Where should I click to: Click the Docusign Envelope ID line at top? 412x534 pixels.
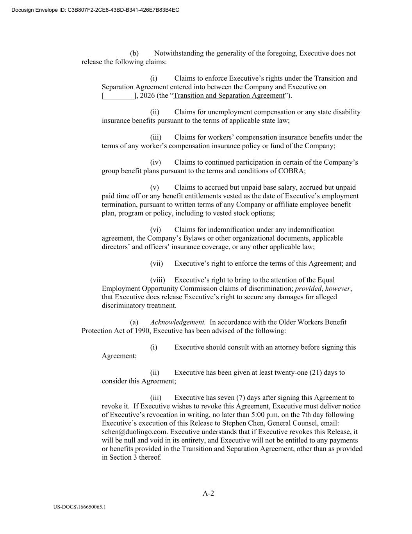[x=95, y=10]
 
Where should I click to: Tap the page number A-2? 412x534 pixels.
[x=208, y=493]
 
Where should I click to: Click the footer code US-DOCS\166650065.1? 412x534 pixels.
[x=80, y=507]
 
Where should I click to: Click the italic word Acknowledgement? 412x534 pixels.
[x=178, y=322]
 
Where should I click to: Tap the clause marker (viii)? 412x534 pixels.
[x=157, y=280]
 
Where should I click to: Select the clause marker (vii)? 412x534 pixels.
[x=156, y=264]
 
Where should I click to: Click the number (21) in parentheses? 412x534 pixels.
[x=316, y=373]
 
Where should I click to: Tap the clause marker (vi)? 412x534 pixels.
[x=155, y=230]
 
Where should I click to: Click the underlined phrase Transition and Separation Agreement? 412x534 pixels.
[x=229, y=96]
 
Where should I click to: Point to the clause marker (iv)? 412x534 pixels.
[x=155, y=162]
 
